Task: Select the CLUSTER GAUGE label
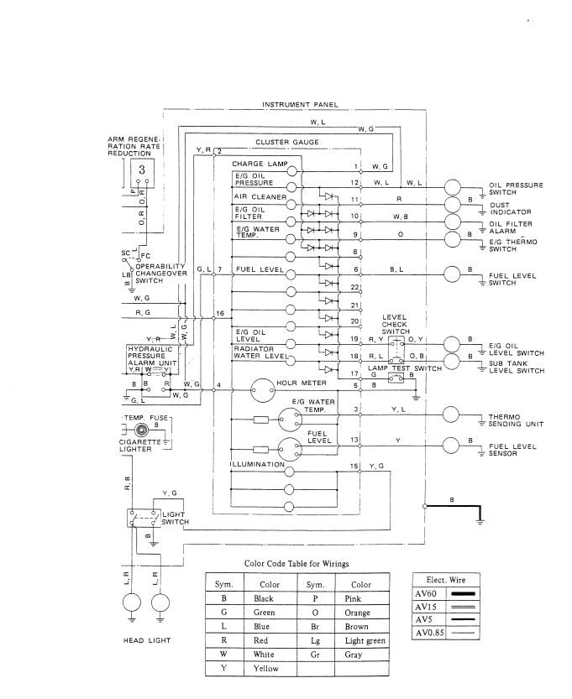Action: (289, 143)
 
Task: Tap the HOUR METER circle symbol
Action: (263, 383)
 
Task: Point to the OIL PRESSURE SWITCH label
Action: (515, 189)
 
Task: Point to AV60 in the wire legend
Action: (426, 594)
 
